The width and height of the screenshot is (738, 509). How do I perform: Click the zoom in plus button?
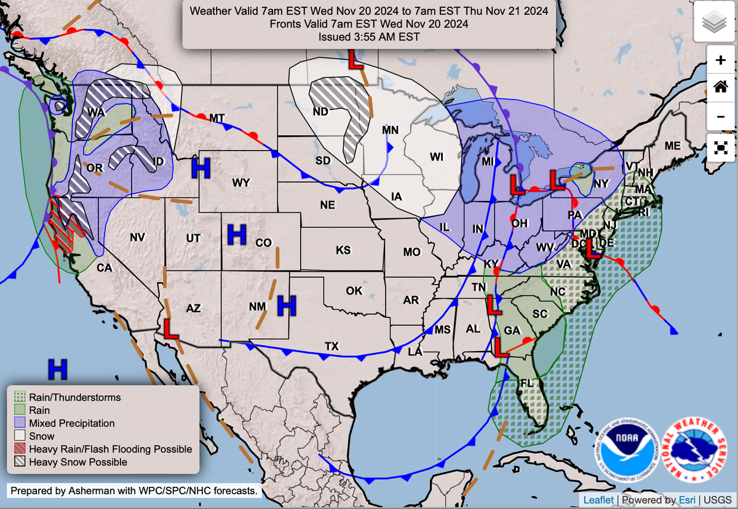click(x=721, y=60)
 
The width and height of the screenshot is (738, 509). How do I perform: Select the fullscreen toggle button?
click(x=721, y=148)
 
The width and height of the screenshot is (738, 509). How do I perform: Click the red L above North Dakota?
click(x=355, y=60)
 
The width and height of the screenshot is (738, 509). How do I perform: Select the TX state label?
click(x=332, y=346)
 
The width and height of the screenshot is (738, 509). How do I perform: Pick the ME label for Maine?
click(x=672, y=146)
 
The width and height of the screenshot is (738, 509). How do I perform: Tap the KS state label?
click(x=343, y=250)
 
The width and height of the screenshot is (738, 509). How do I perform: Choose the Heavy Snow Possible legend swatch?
click(x=19, y=462)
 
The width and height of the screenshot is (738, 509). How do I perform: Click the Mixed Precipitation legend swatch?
click(x=19, y=423)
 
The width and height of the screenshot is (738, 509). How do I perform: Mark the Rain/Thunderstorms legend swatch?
click(x=19, y=397)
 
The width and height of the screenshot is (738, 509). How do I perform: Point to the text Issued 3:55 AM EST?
click(x=369, y=37)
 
